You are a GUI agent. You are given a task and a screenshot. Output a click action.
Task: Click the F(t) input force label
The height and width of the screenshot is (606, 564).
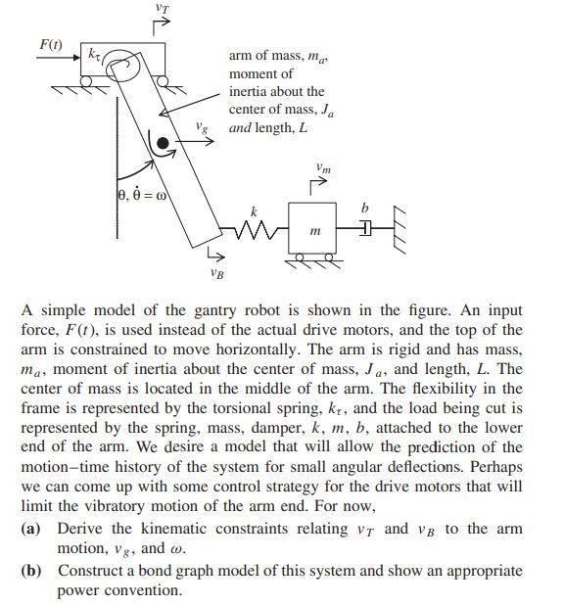click(48, 44)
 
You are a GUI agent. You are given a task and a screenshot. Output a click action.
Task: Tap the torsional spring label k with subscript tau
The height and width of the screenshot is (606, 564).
click(94, 53)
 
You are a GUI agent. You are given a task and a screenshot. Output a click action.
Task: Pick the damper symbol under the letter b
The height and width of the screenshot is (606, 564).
click(366, 229)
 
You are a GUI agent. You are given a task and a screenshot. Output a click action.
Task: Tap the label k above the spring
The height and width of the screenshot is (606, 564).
click(254, 210)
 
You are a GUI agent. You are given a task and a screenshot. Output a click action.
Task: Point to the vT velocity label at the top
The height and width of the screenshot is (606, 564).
click(162, 8)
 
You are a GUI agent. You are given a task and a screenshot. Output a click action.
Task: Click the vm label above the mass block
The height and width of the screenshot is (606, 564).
click(324, 168)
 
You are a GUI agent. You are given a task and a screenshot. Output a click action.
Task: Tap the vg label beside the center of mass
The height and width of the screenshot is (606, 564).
click(201, 127)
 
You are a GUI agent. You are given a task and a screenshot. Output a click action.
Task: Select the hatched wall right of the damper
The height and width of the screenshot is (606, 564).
click(397, 228)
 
